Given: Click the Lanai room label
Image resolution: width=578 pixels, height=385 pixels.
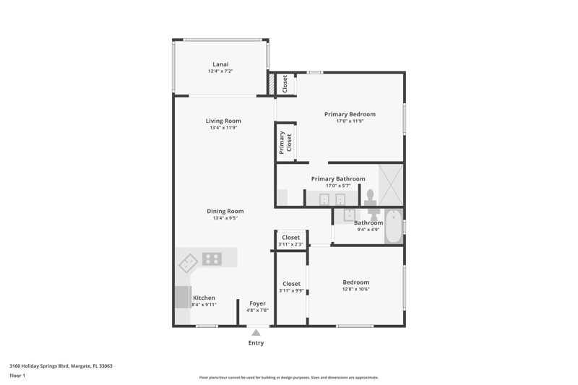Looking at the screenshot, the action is click(x=220, y=64).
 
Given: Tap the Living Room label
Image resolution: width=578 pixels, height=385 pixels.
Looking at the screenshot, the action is click(x=223, y=121).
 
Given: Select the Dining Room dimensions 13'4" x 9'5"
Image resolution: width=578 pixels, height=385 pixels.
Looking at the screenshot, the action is click(x=225, y=218).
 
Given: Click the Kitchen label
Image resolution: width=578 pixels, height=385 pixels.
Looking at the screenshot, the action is click(x=204, y=298).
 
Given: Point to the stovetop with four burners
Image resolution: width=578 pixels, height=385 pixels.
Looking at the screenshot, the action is click(x=212, y=259).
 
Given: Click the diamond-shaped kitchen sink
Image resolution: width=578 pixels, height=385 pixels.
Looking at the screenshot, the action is click(x=189, y=263).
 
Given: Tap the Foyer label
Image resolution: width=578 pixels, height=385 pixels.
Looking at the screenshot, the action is click(x=257, y=303).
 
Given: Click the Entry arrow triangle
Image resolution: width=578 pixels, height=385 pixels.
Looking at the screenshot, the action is click(x=256, y=333).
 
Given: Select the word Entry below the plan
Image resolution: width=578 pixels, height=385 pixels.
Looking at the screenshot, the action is click(x=256, y=343).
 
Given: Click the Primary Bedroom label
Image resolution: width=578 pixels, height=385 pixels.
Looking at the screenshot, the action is click(x=350, y=114).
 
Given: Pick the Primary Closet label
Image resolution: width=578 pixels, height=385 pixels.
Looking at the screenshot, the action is click(x=285, y=142).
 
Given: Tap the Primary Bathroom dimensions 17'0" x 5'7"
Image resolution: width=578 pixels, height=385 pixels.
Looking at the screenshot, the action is click(x=338, y=186).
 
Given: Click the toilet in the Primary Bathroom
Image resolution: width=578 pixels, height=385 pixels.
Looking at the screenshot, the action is click(x=370, y=197).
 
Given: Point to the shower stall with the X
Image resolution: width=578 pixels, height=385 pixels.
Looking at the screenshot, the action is click(x=391, y=185).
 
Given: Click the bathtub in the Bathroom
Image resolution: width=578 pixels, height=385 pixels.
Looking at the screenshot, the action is click(x=394, y=226).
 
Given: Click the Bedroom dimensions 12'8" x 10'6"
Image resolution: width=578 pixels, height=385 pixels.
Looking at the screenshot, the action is click(x=355, y=289).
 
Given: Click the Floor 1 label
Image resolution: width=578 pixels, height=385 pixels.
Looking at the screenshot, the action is click(x=17, y=376).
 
